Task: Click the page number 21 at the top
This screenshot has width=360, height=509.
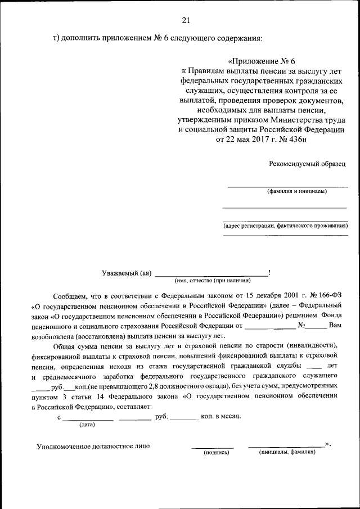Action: [186, 21]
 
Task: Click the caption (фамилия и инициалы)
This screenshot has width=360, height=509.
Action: [297, 191]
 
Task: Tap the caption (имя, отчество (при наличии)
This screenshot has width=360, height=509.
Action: [213, 280]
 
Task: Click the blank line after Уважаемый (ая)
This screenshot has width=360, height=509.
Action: [211, 274]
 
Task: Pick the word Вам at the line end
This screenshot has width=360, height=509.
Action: [335, 325]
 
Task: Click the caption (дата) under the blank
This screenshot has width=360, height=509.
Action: [87, 425]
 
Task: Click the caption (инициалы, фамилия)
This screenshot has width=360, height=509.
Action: [287, 452]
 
